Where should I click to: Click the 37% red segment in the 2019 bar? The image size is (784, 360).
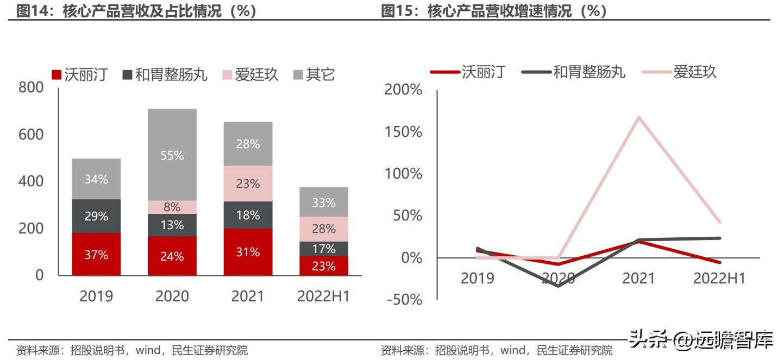click(96, 254)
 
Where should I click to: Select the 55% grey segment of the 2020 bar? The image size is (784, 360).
click(172, 155)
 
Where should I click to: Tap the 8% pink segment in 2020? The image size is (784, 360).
click(172, 207)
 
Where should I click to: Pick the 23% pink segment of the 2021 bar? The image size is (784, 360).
click(248, 184)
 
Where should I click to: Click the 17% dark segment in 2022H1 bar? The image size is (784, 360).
click(324, 249)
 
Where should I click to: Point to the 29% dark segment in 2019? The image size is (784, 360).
click(96, 216)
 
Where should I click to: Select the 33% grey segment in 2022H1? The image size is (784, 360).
click(324, 203)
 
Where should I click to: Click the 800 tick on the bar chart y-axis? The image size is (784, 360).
click(31, 87)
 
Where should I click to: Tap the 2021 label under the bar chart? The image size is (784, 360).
click(248, 296)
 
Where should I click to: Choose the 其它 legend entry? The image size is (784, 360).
click(314, 74)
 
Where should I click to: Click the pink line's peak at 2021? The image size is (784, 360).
click(639, 117)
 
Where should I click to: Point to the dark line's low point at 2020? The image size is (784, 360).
click(559, 286)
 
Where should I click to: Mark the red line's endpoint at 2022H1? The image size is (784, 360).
click(720, 263)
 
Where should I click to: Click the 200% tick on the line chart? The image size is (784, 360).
click(403, 90)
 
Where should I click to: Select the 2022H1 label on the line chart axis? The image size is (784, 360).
click(719, 279)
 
